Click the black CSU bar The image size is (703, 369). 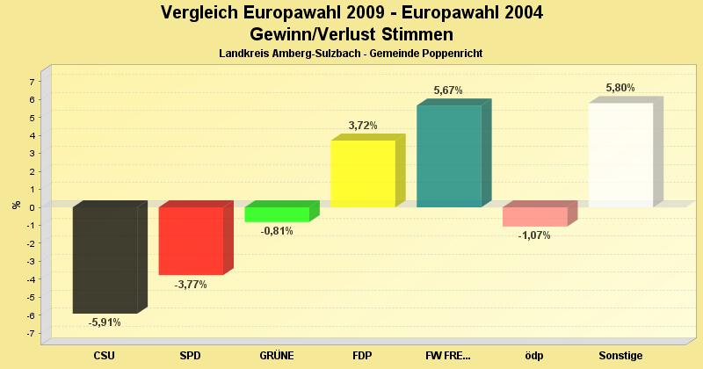(105, 260)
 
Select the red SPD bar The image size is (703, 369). (191, 241)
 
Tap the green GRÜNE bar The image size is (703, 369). (277, 214)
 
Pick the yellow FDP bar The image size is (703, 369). (363, 173)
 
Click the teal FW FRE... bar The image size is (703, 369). (449, 156)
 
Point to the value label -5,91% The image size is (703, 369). (105, 322)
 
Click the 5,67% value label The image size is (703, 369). (448, 90)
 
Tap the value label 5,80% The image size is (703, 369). (620, 88)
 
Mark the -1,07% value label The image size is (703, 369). (534, 235)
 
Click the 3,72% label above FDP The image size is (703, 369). (363, 126)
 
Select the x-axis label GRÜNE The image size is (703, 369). (277, 356)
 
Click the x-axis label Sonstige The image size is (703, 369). (620, 356)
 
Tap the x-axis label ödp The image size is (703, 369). (534, 356)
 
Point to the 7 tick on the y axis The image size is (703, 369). (32, 82)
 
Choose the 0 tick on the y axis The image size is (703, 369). (32, 207)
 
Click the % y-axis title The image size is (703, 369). (16, 206)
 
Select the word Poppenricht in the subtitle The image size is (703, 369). (453, 54)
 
